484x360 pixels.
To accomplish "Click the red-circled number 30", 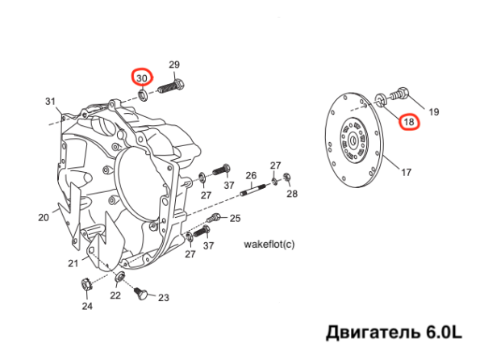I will [x=142, y=77].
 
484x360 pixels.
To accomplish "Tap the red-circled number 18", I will [x=410, y=123].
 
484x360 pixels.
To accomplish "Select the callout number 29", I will [x=173, y=65].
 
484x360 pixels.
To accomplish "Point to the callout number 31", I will [x=51, y=101].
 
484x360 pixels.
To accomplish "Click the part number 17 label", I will [x=406, y=171].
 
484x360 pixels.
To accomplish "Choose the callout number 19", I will [x=432, y=111].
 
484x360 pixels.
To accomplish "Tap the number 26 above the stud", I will [x=251, y=175].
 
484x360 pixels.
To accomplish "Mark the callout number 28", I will [x=291, y=194].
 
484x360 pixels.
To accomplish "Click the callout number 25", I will [x=235, y=218].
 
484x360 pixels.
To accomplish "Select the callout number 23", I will [x=164, y=298].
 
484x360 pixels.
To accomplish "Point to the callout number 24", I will [x=86, y=306].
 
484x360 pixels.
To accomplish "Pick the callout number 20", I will [x=44, y=216].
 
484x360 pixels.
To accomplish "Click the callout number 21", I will [x=73, y=263].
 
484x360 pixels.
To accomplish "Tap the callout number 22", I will [x=115, y=295].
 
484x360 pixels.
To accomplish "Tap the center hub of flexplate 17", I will [x=355, y=140].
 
